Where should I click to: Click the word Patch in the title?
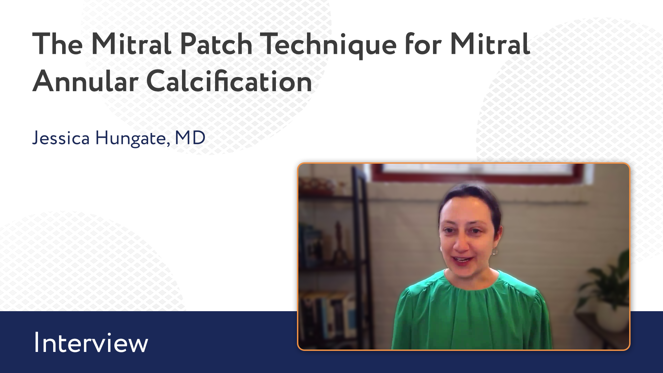(217, 44)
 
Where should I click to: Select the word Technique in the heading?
(328, 45)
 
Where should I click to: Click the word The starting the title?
(57, 44)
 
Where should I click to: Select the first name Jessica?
(61, 138)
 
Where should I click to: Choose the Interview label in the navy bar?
(91, 343)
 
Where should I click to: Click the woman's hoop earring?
(494, 251)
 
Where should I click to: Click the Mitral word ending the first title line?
(490, 44)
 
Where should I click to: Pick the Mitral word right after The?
(131, 44)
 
